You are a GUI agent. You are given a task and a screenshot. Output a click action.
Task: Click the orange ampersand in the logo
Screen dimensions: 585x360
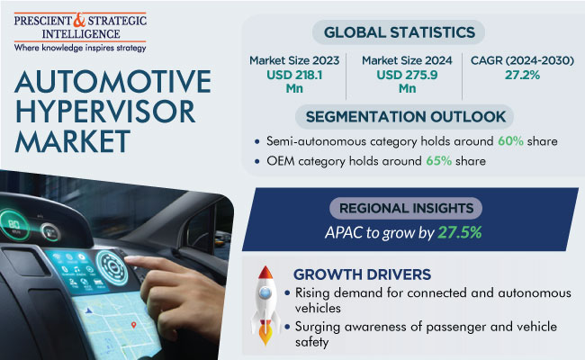(79, 20)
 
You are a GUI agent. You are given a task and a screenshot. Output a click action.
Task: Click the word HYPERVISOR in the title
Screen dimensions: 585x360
(104, 112)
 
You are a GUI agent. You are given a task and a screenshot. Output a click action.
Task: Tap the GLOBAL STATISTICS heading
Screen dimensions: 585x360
(400, 32)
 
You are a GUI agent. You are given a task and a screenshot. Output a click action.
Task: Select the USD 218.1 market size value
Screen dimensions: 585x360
(294, 82)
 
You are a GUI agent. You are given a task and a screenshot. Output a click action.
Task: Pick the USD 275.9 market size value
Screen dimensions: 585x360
(407, 82)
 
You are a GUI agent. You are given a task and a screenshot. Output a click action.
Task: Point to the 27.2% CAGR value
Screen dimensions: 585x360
(522, 75)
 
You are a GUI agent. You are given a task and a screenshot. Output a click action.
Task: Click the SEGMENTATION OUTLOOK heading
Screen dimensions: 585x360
(406, 117)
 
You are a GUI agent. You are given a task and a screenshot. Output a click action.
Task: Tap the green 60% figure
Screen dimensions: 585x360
(510, 141)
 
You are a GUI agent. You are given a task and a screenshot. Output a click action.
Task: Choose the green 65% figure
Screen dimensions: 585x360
(439, 161)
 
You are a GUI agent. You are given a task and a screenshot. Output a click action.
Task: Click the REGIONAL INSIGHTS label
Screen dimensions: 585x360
(406, 208)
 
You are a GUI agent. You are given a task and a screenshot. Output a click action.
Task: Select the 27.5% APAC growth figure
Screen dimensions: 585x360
(460, 232)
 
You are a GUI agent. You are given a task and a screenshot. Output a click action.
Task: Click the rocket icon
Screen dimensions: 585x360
(265, 305)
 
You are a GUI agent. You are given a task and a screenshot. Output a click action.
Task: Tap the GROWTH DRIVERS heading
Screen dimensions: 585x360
(362, 274)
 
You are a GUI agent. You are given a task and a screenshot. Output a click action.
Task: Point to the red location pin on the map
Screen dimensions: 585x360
(133, 325)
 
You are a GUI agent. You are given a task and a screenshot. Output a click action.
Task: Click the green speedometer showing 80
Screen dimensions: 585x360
(13, 224)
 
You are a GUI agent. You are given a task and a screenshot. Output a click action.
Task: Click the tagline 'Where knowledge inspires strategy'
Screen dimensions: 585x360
(80, 48)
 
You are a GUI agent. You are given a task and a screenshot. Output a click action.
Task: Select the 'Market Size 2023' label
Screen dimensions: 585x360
(294, 60)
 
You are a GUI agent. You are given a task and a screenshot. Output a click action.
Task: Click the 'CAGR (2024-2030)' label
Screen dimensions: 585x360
(522, 60)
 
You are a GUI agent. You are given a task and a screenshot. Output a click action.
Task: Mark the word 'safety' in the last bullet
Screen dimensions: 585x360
(312, 342)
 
